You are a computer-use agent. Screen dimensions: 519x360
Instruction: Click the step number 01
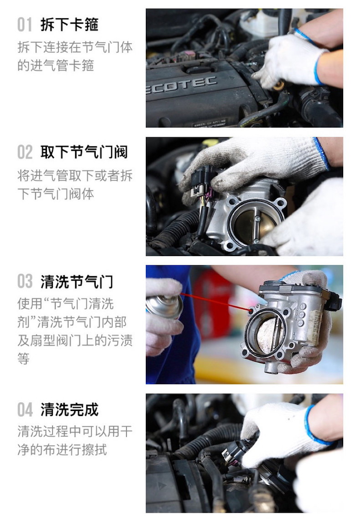[x=25, y=24]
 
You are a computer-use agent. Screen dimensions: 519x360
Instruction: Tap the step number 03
[x=25, y=281]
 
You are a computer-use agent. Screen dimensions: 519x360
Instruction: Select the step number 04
[x=25, y=410]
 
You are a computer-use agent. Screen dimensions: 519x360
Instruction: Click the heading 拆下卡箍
[x=69, y=24]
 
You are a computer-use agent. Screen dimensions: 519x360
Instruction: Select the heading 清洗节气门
[x=77, y=281]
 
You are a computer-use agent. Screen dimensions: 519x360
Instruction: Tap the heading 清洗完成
[x=69, y=410]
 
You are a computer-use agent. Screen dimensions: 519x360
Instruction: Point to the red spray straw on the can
[x=214, y=303]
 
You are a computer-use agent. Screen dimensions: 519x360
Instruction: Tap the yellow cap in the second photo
[x=210, y=142]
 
